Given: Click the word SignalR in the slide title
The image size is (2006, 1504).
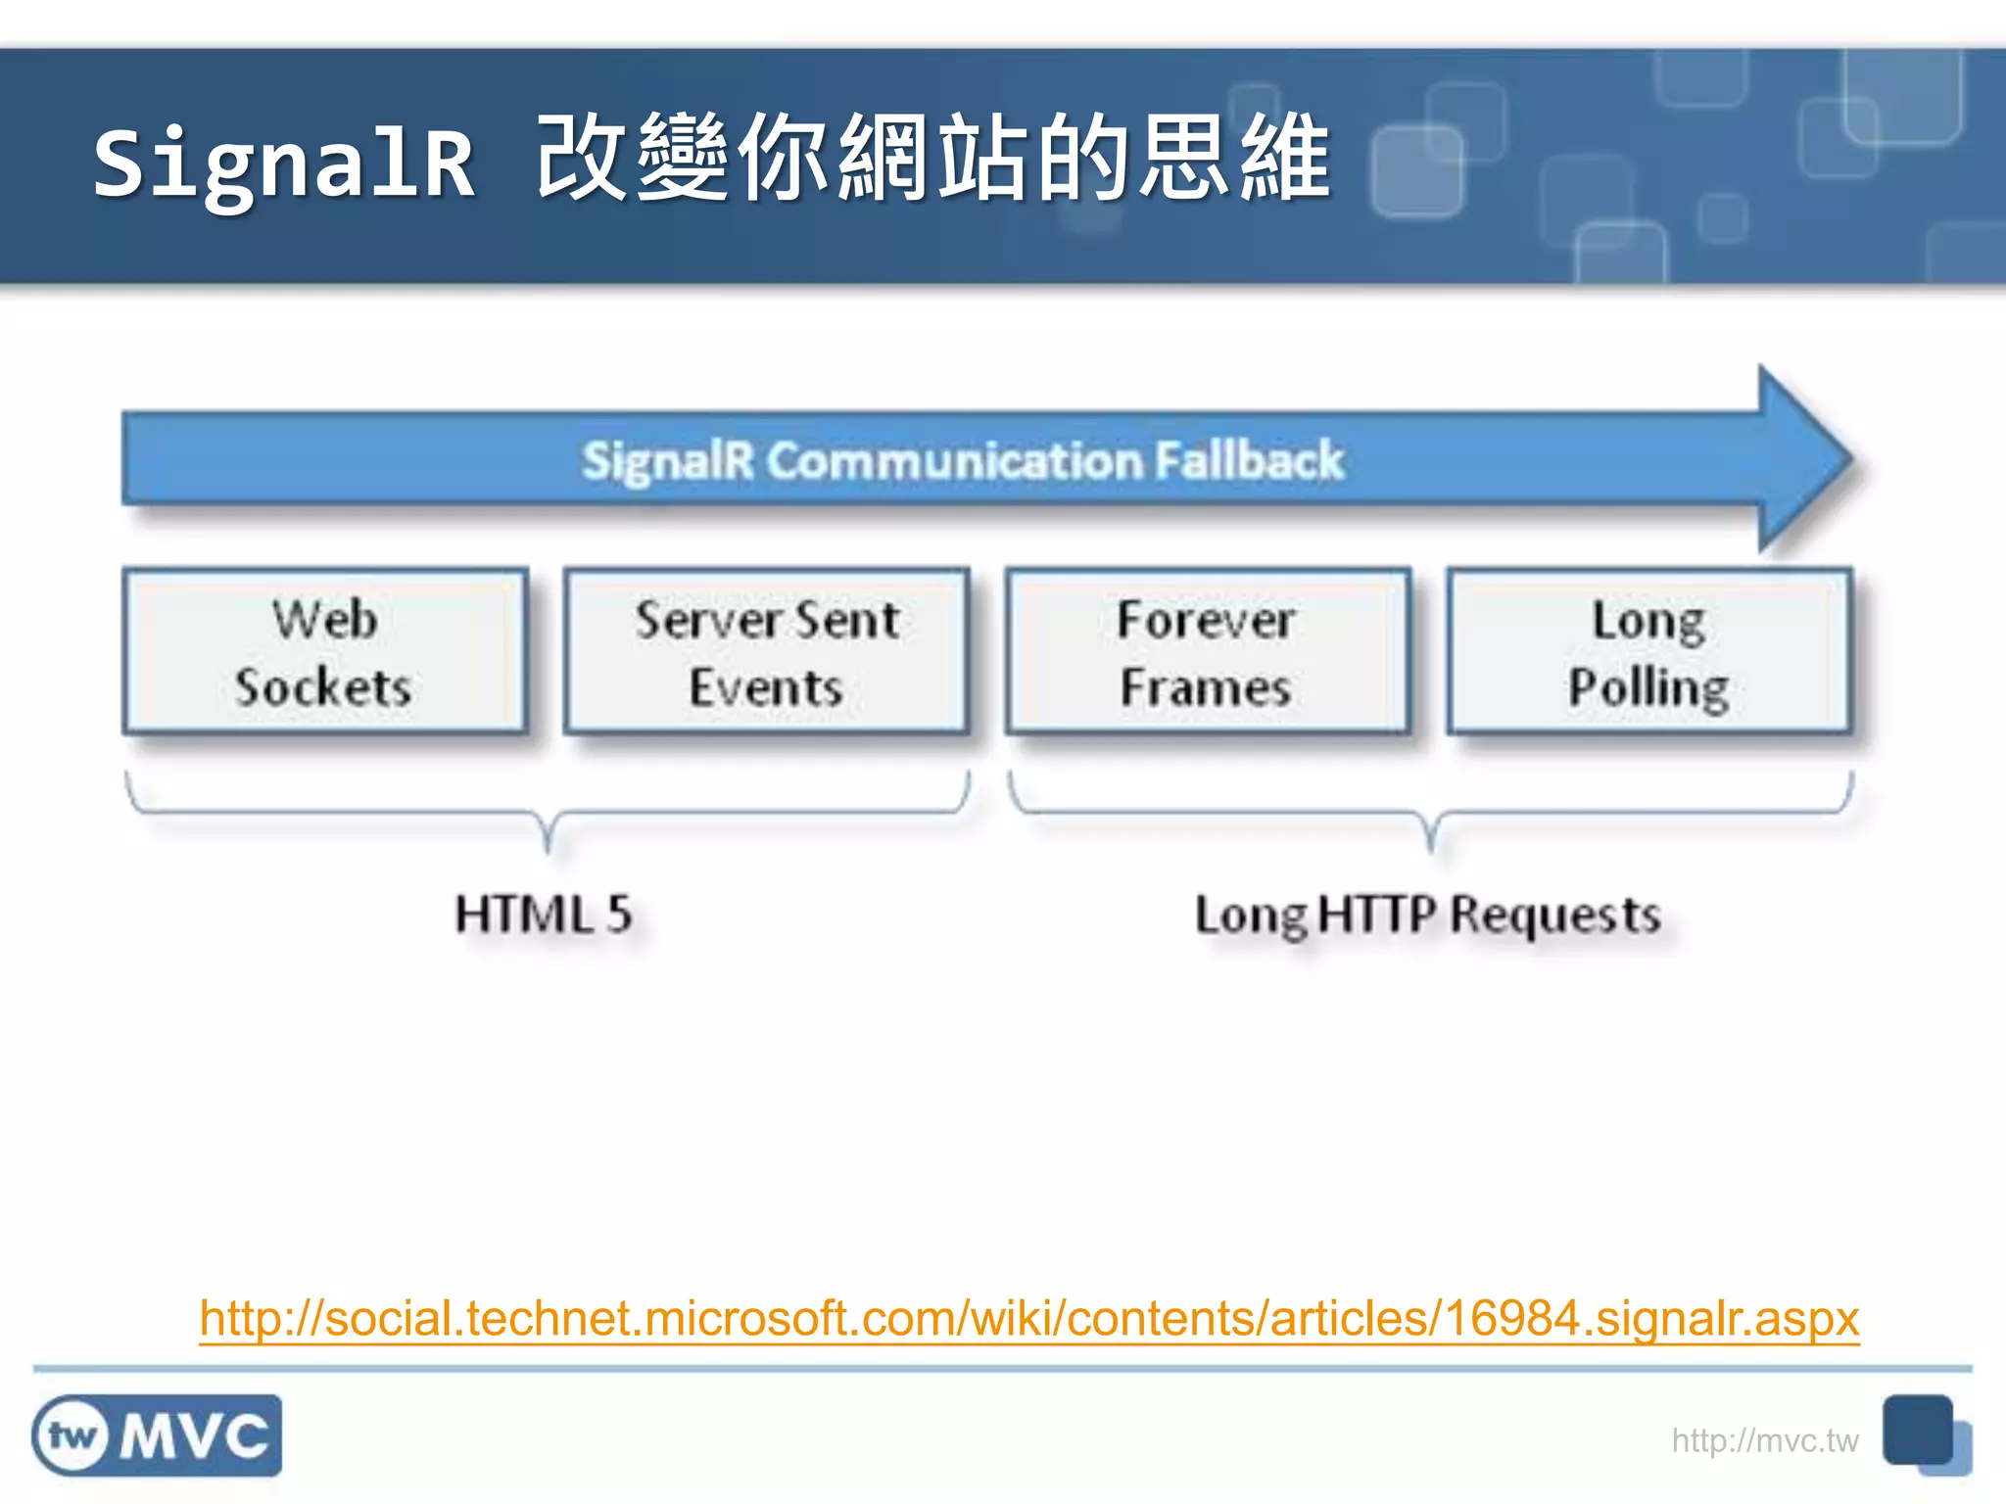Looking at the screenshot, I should [x=284, y=163].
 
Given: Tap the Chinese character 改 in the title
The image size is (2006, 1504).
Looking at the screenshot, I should [x=584, y=157].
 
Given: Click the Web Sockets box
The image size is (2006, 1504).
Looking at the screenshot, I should [x=324, y=651].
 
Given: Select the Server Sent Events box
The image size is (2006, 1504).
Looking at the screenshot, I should [x=766, y=651].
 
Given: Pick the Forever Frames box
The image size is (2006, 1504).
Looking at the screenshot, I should [x=1207, y=651].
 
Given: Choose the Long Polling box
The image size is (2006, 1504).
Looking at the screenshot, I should [x=1648, y=651].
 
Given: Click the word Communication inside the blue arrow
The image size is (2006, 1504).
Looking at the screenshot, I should [x=955, y=460].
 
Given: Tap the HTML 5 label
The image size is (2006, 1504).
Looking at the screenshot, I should [x=544, y=915].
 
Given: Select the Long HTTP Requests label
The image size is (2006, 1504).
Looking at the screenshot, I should [x=1428, y=915].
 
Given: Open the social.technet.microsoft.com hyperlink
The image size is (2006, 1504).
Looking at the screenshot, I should [x=1028, y=1318].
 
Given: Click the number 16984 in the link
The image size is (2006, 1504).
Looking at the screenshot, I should [x=1511, y=1318].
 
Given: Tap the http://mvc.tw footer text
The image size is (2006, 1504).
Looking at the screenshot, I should [x=1764, y=1440].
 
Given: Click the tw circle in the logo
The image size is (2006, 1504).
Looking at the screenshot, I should [x=72, y=1436].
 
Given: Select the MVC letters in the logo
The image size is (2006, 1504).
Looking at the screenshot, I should [x=194, y=1436].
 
